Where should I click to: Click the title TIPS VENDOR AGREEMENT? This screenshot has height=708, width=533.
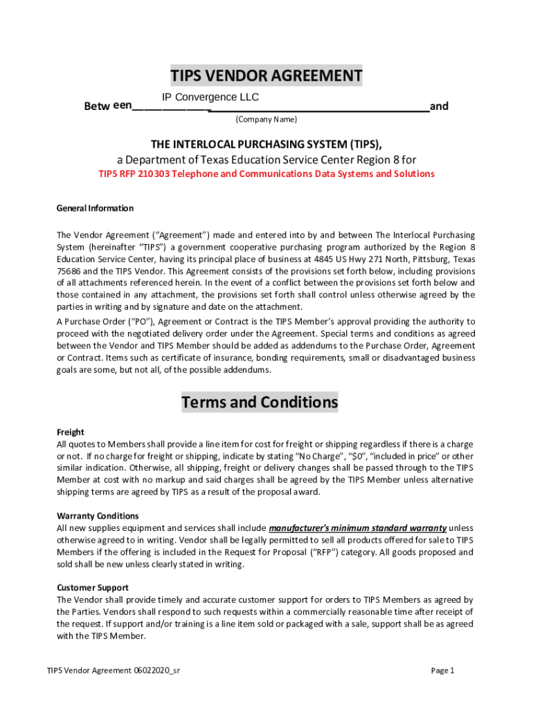click(266, 75)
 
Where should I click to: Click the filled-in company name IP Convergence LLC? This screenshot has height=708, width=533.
click(210, 97)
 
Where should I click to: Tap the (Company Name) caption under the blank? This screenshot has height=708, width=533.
click(266, 120)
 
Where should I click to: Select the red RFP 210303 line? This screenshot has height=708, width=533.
click(266, 174)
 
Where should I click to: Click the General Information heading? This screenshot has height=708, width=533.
click(95, 208)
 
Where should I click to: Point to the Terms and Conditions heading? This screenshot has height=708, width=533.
click(260, 402)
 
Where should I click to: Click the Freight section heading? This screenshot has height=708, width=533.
click(70, 432)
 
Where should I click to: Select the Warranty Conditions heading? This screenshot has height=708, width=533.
click(98, 516)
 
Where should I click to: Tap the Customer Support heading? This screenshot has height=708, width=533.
click(92, 588)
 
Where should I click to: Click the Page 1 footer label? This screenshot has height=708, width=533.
click(442, 671)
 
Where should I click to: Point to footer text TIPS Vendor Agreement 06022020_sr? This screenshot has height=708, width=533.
click(114, 671)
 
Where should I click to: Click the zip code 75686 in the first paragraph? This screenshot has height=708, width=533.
click(68, 271)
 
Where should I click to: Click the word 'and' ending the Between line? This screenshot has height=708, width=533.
click(439, 106)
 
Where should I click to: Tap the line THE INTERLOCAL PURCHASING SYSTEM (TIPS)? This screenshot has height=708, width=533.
click(266, 144)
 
